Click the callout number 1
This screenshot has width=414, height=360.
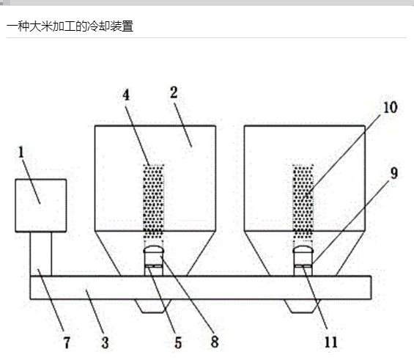[21, 153]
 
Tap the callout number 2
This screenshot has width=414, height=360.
[174, 92]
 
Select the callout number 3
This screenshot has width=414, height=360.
[105, 342]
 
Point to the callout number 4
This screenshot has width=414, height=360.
[126, 95]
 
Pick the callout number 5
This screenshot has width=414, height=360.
[178, 343]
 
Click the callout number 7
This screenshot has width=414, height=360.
[67, 342]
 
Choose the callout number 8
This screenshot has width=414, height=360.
[215, 342]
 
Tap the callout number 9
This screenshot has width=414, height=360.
[393, 173]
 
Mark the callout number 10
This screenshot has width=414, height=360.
[391, 108]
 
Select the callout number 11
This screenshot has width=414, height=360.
[330, 342]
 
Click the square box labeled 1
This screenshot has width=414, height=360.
[40, 205]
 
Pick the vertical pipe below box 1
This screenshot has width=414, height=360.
[40, 254]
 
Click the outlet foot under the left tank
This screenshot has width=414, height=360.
[153, 306]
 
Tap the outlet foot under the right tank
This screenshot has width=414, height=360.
[302, 306]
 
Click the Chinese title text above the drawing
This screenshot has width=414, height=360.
[70, 26]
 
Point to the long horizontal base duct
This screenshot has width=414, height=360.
[201, 287]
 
